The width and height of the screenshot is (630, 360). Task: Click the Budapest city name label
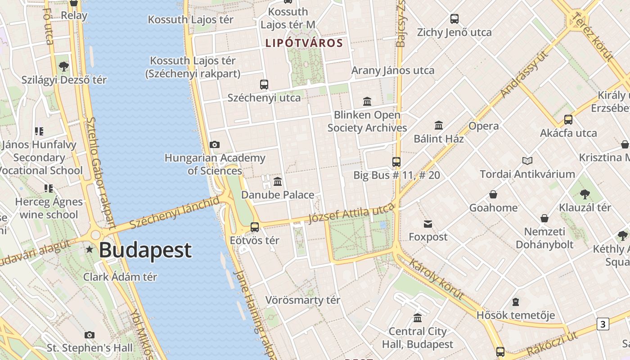[x=145, y=250]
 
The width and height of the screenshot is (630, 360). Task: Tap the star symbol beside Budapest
[x=90, y=249]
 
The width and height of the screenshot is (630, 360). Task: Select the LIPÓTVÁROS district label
[x=304, y=43]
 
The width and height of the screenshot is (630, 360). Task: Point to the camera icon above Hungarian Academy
[x=215, y=144]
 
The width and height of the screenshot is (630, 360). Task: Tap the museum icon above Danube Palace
[x=278, y=181]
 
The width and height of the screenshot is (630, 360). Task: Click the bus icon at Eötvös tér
[x=255, y=227]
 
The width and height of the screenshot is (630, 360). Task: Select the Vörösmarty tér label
[x=302, y=300]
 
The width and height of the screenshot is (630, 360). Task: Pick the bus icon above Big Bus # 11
[x=396, y=162]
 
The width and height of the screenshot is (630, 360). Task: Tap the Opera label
[x=483, y=126]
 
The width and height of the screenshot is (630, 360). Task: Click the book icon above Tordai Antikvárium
[x=527, y=161]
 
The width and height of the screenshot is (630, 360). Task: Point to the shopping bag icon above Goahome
[x=493, y=194]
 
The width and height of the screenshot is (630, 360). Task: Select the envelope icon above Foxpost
[x=428, y=224]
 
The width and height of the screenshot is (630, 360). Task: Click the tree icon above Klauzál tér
[x=585, y=194]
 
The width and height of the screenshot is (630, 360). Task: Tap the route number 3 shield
[x=603, y=324]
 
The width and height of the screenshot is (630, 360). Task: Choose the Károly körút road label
[x=436, y=279]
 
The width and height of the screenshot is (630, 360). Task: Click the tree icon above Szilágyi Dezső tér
[x=64, y=67]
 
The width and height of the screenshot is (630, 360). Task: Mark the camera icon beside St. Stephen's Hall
[x=90, y=335]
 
